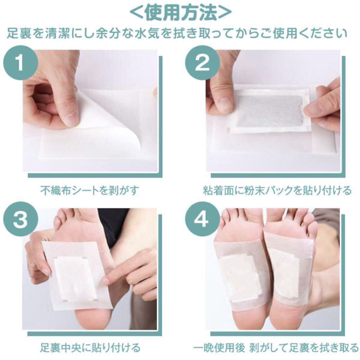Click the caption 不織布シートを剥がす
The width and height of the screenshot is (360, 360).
click(90, 190)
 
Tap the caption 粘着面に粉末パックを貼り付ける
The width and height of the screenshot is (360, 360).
click(277, 190)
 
